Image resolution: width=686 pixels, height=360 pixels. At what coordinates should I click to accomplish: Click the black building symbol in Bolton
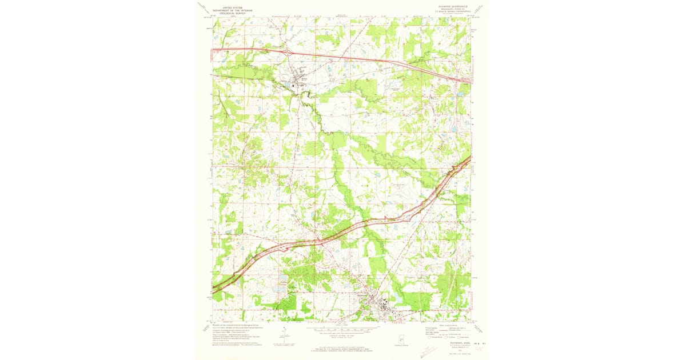coord(294,86)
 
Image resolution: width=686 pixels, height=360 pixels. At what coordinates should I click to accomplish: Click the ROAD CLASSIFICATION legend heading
coord(448,325)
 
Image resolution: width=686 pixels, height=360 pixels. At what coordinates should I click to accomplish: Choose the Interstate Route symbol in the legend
coord(428,338)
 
